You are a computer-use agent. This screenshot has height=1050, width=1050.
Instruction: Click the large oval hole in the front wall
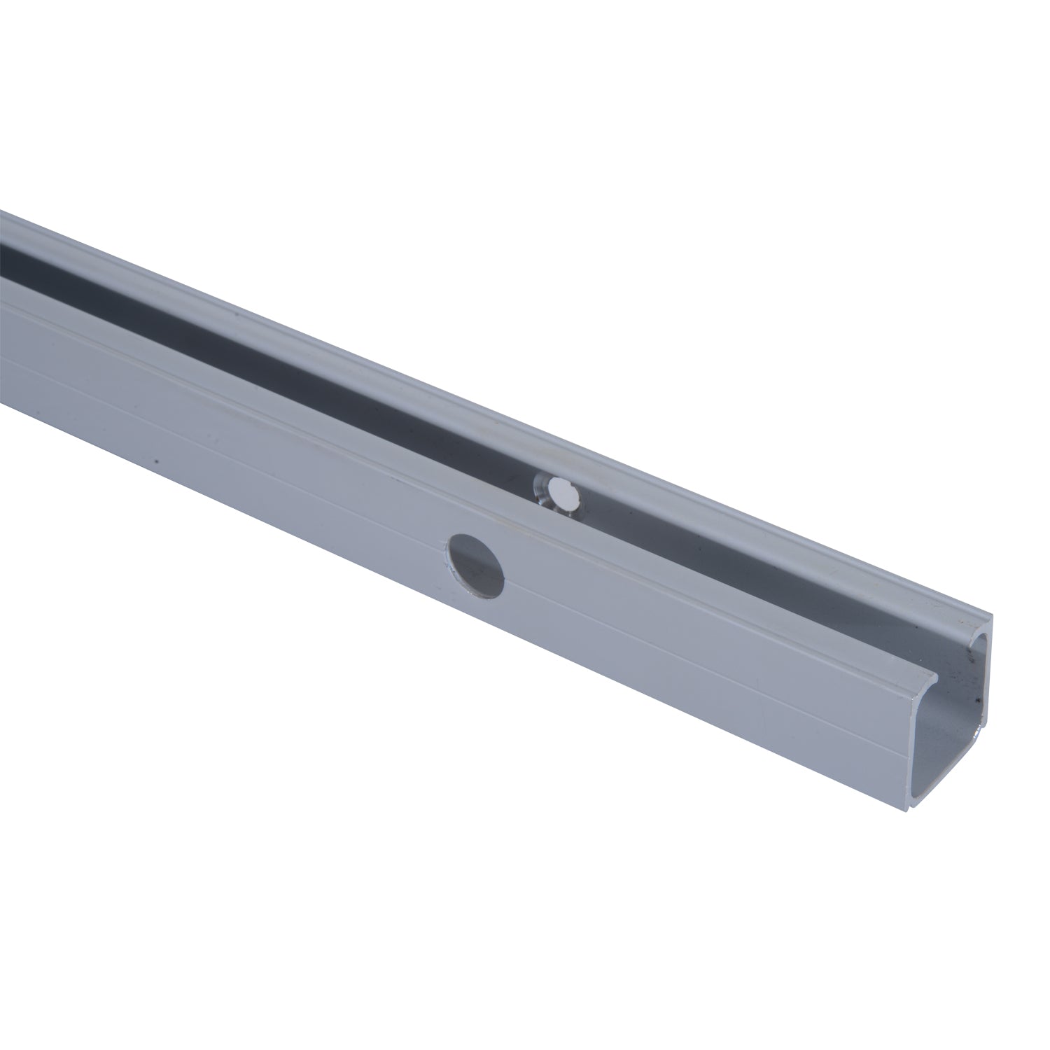tap(476, 565)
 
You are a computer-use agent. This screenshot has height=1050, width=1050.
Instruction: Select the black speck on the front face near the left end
tap(157, 461)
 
